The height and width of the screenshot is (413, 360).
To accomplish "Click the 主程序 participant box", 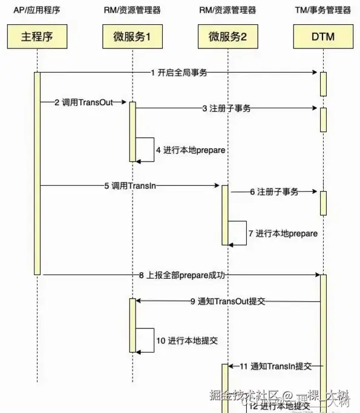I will pos(38,36).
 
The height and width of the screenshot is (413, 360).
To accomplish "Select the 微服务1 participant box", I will pos(132,36).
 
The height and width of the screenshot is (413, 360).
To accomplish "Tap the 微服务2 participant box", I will pos(227,36).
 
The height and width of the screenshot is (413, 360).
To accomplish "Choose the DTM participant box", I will pos(322,36).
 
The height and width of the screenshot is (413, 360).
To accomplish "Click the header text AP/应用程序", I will pos(38,10).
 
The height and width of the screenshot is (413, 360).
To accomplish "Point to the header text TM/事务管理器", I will pos(322,10).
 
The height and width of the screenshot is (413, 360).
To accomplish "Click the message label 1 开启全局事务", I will pos(179,73).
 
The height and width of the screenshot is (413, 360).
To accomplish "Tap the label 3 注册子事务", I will pos(226,108).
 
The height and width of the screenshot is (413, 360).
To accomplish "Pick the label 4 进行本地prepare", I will pos(182,149).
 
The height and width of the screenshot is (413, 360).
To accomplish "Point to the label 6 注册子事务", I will pos(274,192).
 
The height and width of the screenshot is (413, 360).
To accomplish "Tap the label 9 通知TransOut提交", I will pos(227,301).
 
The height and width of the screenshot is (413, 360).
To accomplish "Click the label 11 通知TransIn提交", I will pos(275,366).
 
